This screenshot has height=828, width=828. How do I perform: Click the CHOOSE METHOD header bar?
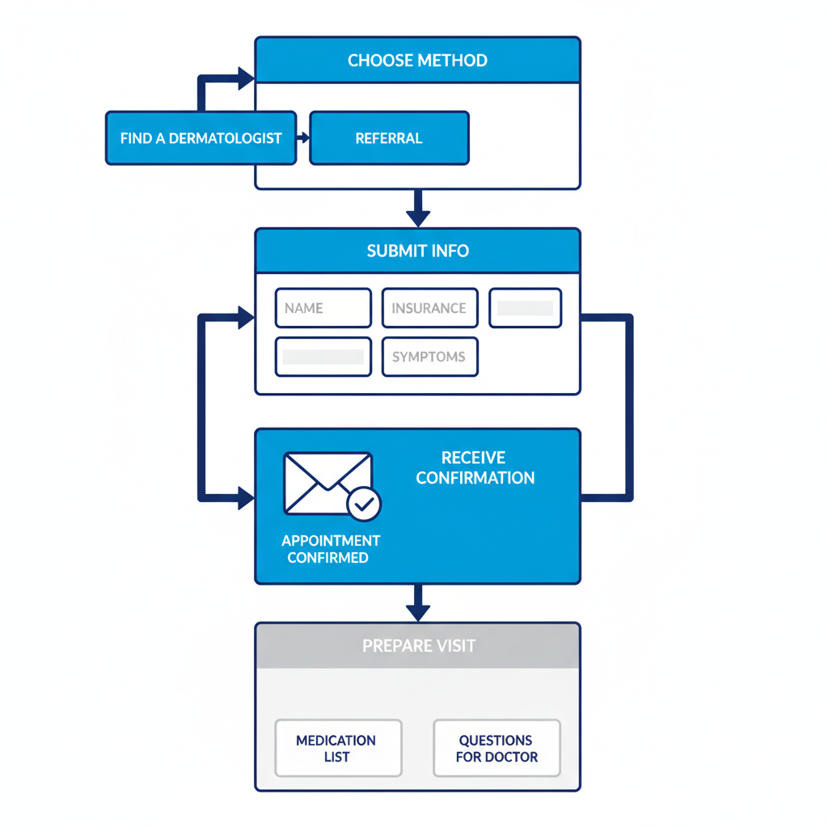417,61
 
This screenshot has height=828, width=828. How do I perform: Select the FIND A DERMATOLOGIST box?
201,138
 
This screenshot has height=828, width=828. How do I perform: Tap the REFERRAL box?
389,138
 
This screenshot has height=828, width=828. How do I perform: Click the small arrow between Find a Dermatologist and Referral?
303,138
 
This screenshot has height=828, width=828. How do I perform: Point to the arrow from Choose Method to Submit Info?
417,209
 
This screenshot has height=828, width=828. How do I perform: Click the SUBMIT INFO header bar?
417,251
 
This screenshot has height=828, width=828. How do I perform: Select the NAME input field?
323,308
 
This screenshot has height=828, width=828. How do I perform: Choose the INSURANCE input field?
429,308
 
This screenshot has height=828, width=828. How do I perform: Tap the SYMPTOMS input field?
429,357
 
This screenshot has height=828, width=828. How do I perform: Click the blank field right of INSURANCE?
526,308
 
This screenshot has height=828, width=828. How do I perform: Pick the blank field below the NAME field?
323,357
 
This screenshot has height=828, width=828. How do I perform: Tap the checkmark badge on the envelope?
364,505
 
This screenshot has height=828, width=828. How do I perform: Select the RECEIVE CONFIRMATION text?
475,468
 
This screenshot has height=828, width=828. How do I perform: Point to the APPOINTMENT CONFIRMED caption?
330,549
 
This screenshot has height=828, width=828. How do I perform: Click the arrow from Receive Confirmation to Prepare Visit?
417,602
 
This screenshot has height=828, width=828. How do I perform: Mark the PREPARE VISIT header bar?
417,646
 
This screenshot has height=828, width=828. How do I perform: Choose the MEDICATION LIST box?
337,748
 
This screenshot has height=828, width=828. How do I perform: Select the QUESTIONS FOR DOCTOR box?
496,748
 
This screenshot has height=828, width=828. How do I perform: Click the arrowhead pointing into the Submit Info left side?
245,318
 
